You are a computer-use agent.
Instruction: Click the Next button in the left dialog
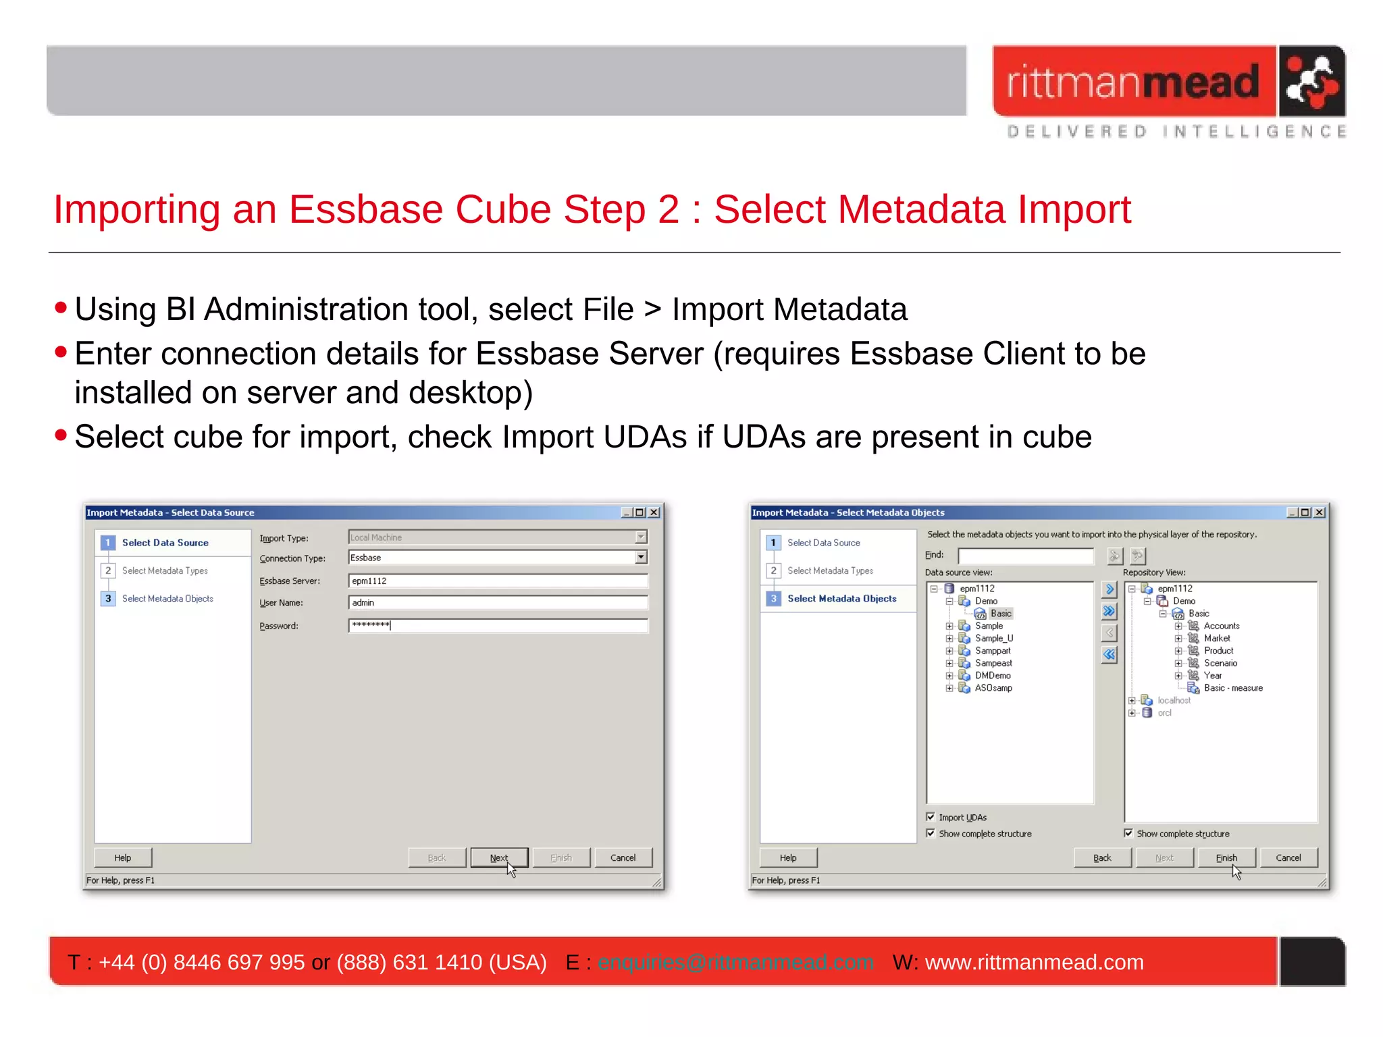499,857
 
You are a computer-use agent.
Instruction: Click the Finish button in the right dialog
1226,857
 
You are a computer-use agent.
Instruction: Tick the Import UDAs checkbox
931,817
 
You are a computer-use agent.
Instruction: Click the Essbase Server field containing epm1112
498,581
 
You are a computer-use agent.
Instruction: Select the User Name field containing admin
498,602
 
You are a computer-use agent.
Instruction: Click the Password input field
498,625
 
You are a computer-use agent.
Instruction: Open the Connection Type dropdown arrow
641,557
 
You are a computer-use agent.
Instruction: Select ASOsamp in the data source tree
993,688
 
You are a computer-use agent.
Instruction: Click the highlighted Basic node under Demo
1001,613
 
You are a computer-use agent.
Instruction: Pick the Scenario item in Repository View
1220,663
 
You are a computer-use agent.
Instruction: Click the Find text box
1025,556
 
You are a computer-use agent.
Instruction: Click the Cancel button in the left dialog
623,857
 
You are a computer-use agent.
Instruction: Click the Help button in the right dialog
788,857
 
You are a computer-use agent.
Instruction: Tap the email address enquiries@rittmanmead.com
735,962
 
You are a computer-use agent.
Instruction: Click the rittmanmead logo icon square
1311,81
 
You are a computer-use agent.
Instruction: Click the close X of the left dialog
654,512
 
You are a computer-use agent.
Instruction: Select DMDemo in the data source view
993,675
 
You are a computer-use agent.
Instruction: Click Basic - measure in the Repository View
1233,688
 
